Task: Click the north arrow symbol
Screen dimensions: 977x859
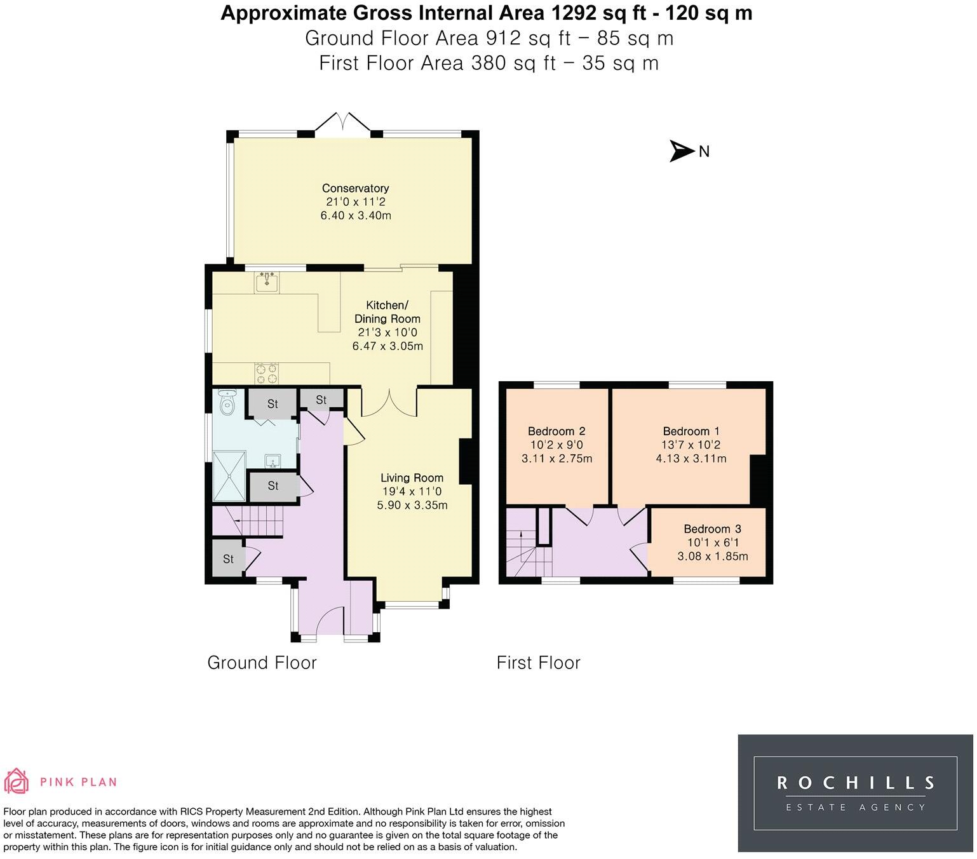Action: click(681, 151)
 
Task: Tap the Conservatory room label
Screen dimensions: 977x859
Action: click(355, 188)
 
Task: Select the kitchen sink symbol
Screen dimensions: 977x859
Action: click(267, 282)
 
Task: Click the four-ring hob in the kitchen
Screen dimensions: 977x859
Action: click(267, 374)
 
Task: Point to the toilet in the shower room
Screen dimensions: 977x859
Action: click(226, 402)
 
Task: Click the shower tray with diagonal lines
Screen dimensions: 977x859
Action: click(229, 476)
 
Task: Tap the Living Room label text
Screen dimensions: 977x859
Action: click(412, 478)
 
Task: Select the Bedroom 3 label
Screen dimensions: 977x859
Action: click(712, 529)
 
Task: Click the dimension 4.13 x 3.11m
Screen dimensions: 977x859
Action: click(691, 458)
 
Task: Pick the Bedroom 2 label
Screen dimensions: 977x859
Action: click(556, 431)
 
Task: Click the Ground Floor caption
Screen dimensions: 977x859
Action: click(262, 663)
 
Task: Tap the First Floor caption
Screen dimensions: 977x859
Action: click(538, 663)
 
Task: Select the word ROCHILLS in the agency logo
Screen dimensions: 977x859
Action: click(856, 782)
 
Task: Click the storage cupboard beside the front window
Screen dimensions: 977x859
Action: click(229, 558)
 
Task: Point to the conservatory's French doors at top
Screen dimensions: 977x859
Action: click(343, 123)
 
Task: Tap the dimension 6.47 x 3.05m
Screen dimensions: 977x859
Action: click(387, 346)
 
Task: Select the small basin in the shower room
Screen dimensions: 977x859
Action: click(273, 461)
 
